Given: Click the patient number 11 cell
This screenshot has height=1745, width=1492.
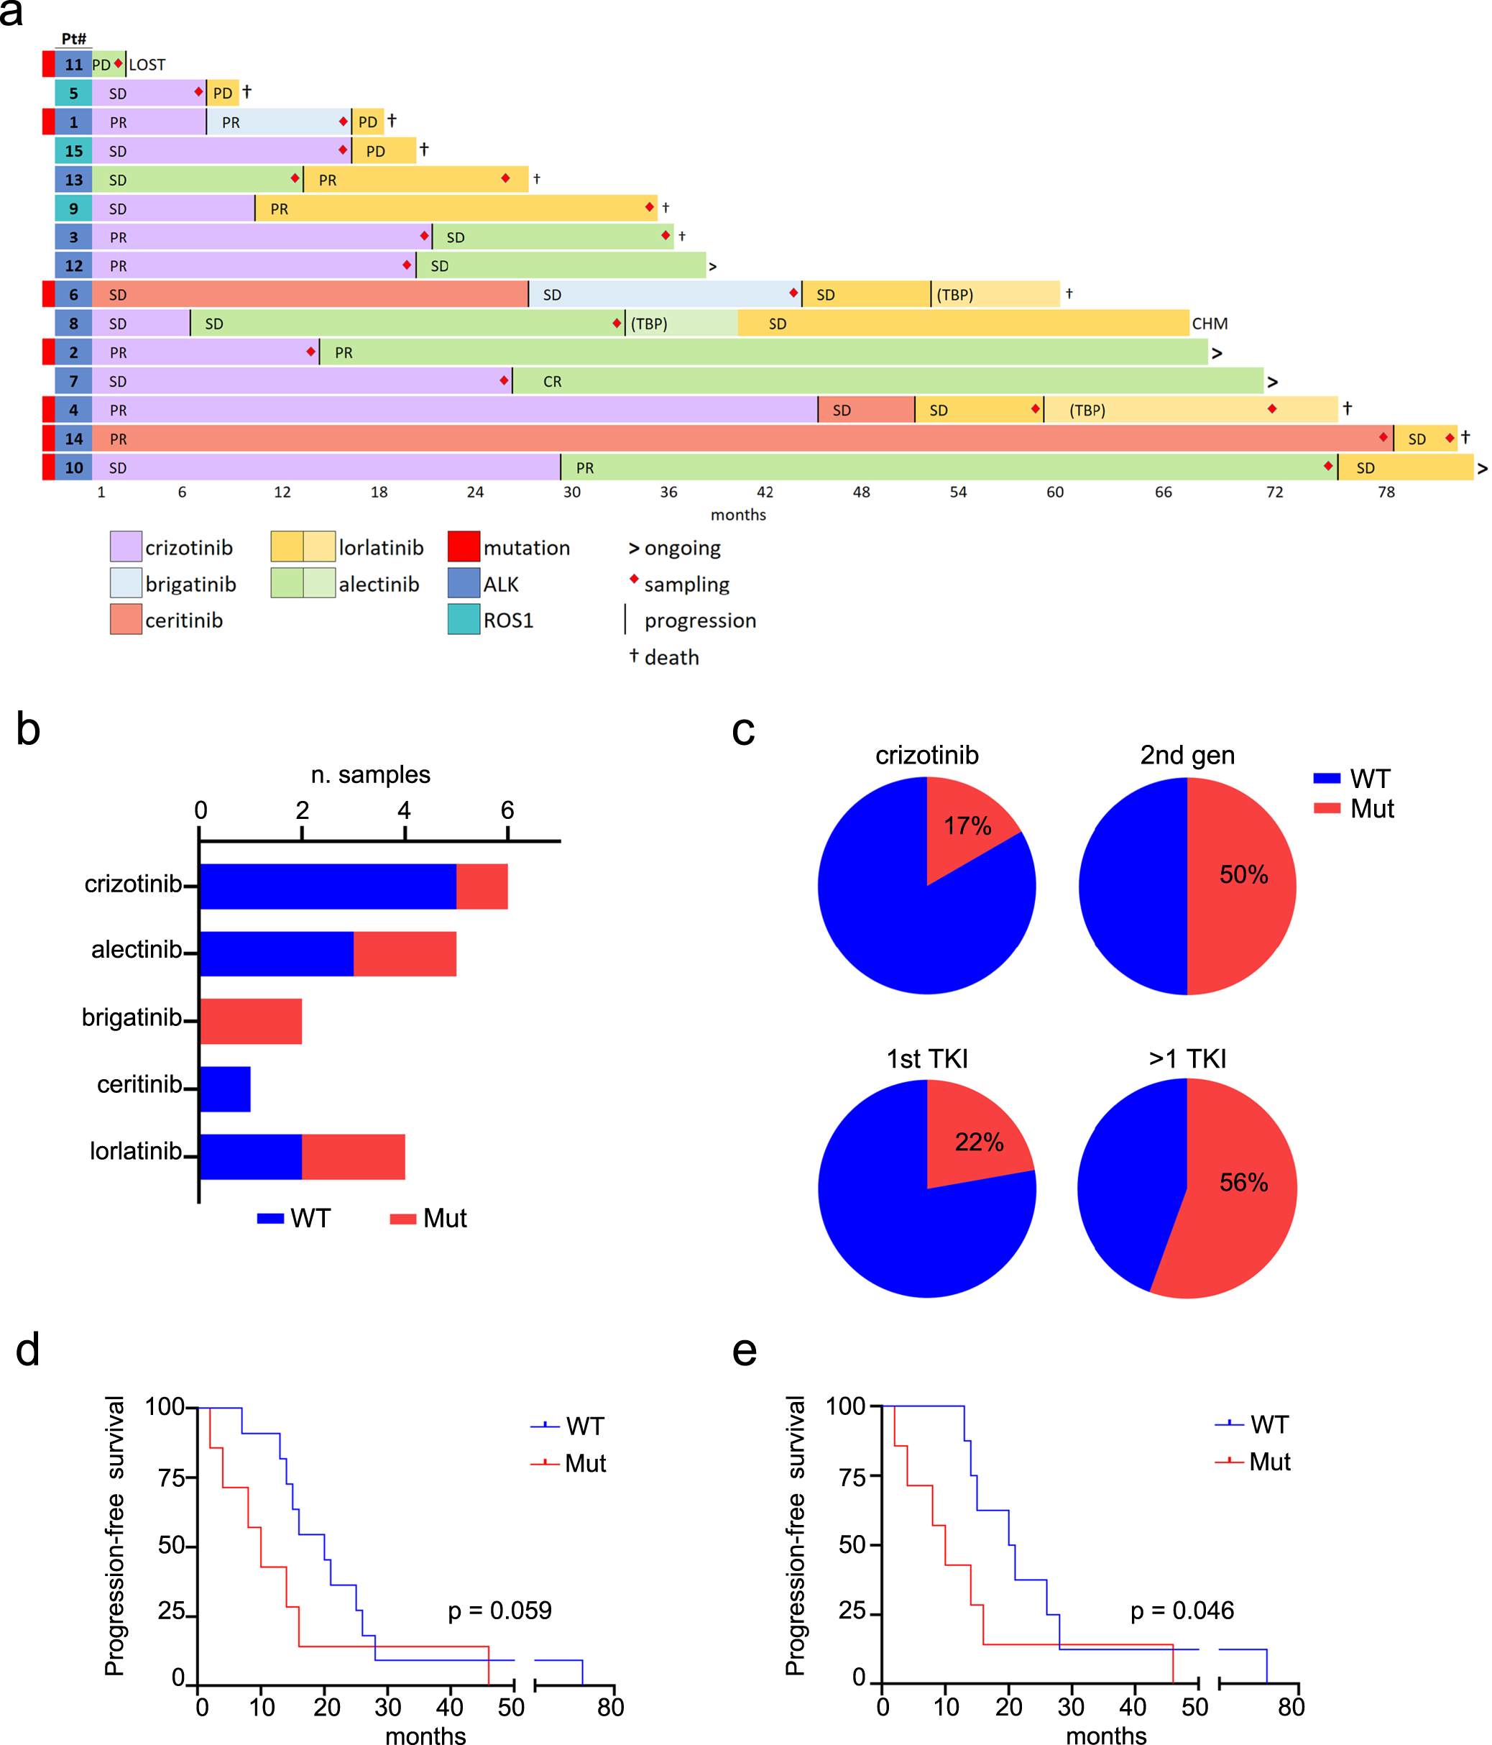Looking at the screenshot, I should point(73,64).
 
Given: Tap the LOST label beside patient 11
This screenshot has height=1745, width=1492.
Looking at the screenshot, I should point(147,65).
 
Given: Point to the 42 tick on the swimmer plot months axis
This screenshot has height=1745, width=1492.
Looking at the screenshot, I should point(765,492).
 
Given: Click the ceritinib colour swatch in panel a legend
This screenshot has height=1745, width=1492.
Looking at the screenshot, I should point(126,620).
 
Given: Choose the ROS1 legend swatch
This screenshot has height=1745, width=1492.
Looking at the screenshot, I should point(463,620).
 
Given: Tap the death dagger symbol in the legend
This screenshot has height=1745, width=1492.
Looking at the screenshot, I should point(633,656).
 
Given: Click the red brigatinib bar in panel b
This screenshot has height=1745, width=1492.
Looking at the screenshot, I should point(251,1021).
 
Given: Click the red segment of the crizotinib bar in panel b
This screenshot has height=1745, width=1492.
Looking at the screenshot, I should point(482,886).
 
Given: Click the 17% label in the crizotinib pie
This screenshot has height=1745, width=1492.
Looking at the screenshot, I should point(967,825).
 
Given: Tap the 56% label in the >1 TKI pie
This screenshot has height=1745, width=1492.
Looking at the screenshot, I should point(1243,1183).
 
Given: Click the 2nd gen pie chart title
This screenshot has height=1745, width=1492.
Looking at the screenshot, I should point(1187,755).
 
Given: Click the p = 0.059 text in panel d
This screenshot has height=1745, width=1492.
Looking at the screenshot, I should point(499,1611).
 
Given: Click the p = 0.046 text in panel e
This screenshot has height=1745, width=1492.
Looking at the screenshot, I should point(1182,1611).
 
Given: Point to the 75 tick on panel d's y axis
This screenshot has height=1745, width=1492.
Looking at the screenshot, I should point(172,1478).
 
